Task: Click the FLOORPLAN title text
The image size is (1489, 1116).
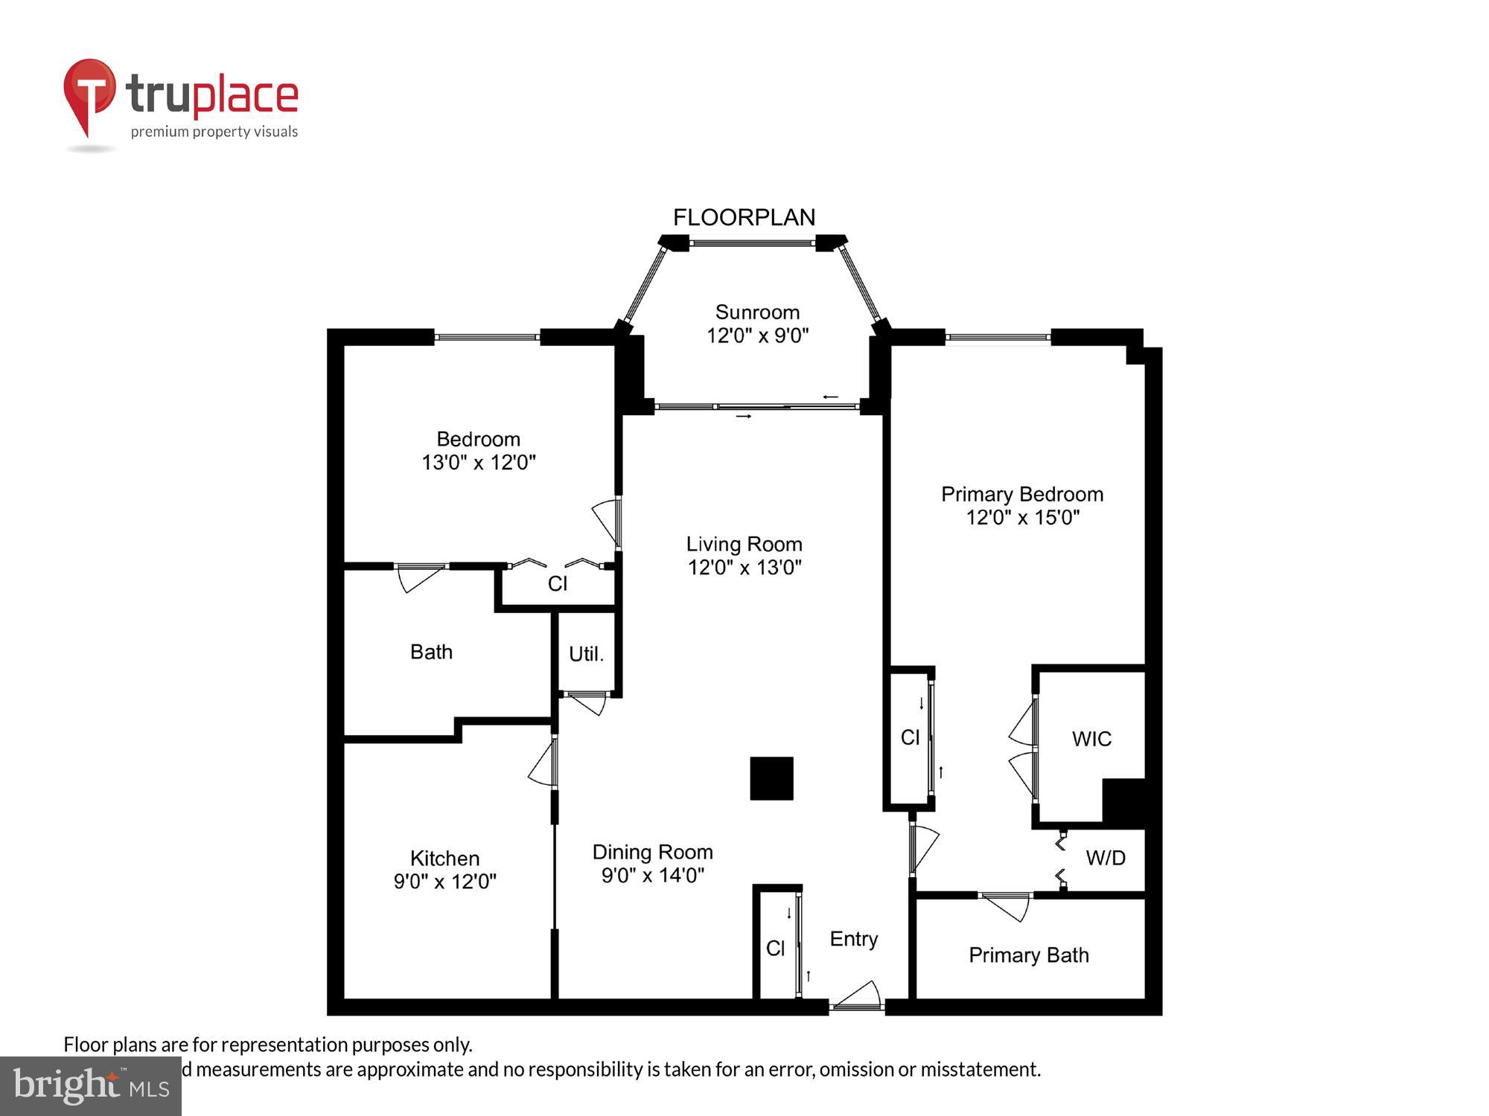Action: pos(744,217)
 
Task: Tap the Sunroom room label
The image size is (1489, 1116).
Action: pos(757,312)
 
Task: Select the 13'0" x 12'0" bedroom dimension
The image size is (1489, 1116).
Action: pos(479,463)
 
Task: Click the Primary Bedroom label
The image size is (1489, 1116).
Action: pos(1021,494)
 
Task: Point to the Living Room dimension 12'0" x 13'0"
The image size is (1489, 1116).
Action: pos(744,568)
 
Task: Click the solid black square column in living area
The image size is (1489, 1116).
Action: pos(771,778)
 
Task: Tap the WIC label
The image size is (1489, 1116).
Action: pos(1091,739)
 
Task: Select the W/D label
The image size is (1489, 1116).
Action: pos(1105,858)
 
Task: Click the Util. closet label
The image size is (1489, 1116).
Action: pos(586,654)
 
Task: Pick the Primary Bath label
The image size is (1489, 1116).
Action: pos(1028,955)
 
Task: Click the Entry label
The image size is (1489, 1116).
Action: pos(853,939)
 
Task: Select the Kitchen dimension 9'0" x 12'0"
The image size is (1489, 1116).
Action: pos(444,882)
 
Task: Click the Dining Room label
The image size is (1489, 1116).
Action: pos(652,852)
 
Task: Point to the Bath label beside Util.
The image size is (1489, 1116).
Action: pos(431,652)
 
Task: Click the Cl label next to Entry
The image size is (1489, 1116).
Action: pos(775,948)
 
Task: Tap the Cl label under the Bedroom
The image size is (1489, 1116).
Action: pos(557,584)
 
